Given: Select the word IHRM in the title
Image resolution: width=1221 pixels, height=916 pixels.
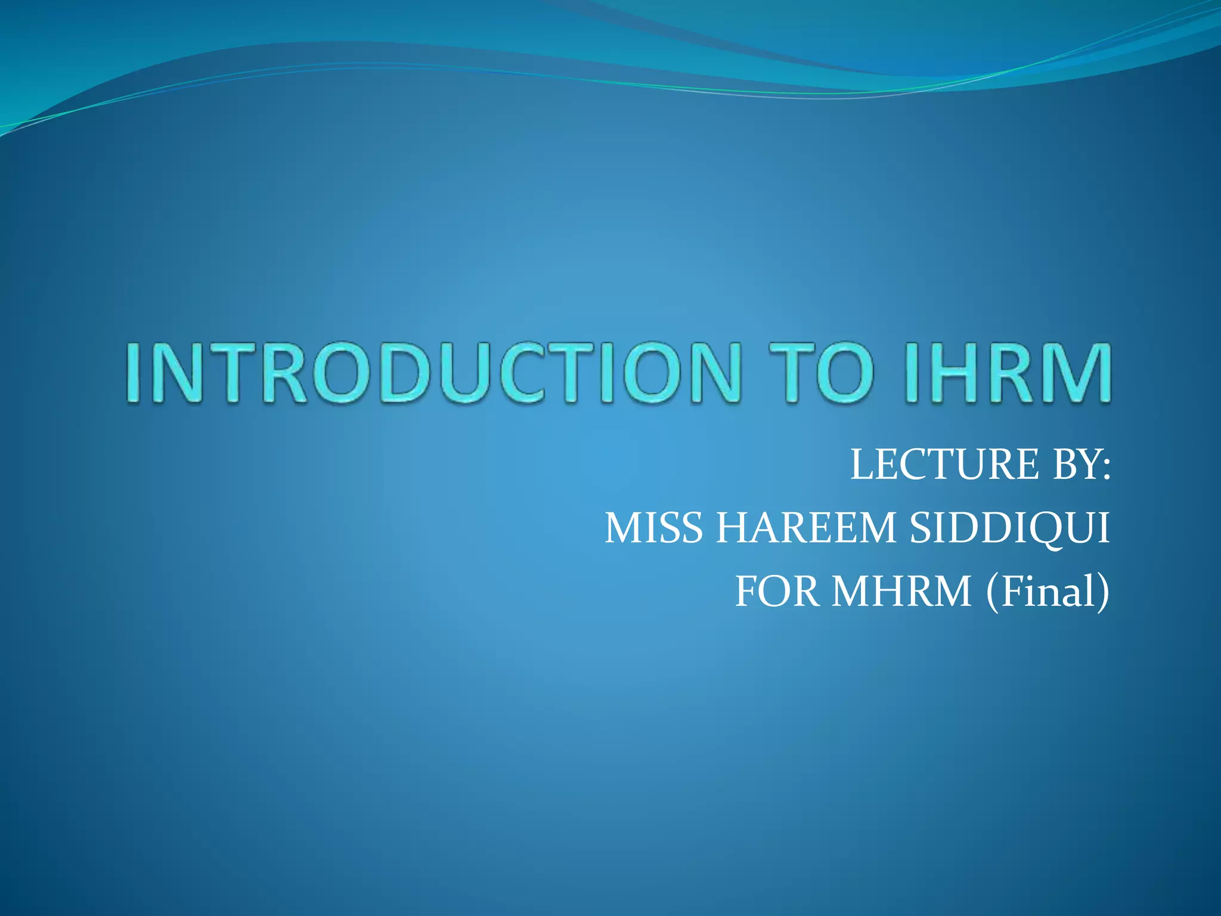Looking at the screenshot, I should click(1007, 373).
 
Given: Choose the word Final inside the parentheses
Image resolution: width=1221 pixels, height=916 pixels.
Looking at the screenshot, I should click(1046, 592).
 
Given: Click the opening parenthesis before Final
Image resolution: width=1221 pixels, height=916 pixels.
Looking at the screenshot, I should click(993, 593).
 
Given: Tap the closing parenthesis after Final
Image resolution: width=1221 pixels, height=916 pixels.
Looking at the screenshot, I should click(1103, 593).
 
